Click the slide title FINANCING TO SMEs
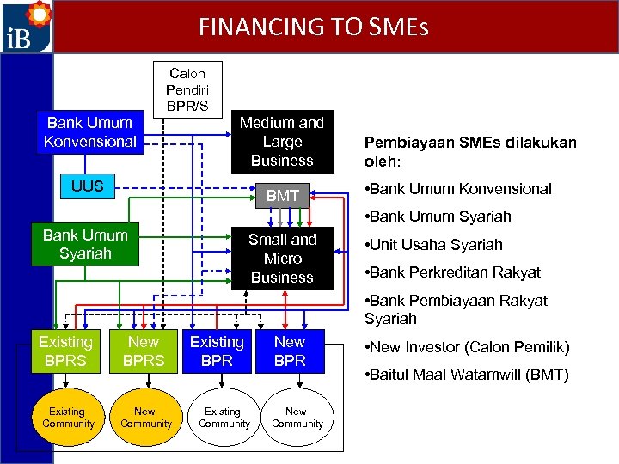[313, 27]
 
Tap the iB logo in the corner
[27, 27]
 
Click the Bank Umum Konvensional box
[90, 132]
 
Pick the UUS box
[87, 186]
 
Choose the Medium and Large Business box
[282, 141]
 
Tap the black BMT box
[282, 196]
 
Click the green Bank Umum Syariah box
[85, 244]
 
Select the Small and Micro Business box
[282, 258]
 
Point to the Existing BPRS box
[64, 351]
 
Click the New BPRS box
[144, 351]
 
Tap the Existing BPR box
[217, 351]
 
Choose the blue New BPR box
[290, 351]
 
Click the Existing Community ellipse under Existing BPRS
[68, 418]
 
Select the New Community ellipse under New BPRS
[145, 418]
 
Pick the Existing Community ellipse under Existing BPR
[224, 418]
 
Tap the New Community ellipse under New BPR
[297, 418]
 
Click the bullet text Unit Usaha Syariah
[434, 245]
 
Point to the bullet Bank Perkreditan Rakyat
[453, 272]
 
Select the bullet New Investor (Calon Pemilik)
[468, 347]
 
